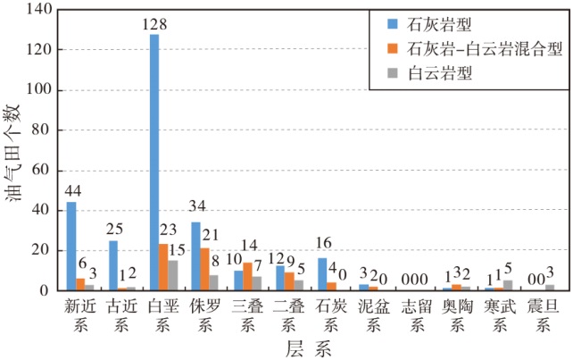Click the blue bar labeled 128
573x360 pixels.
(x=154, y=163)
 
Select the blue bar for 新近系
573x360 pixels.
(x=71, y=247)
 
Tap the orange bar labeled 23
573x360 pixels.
(x=163, y=267)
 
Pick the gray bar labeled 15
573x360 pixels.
(x=173, y=275)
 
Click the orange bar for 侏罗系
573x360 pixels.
(x=205, y=269)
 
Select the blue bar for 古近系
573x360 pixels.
(x=113, y=265)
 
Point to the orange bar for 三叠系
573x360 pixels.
(x=247, y=277)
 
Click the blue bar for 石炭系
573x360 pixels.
(x=322, y=274)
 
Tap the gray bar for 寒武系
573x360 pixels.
(x=508, y=286)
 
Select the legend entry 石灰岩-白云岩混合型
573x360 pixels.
(x=475, y=49)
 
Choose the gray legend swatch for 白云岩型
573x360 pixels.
(x=392, y=73)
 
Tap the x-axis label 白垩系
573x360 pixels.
(x=163, y=315)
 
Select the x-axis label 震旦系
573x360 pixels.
(x=543, y=315)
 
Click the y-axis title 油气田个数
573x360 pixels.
(x=12, y=153)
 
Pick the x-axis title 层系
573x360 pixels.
(x=309, y=348)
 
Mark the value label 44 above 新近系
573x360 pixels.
(x=73, y=191)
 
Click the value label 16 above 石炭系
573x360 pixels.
(x=323, y=243)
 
